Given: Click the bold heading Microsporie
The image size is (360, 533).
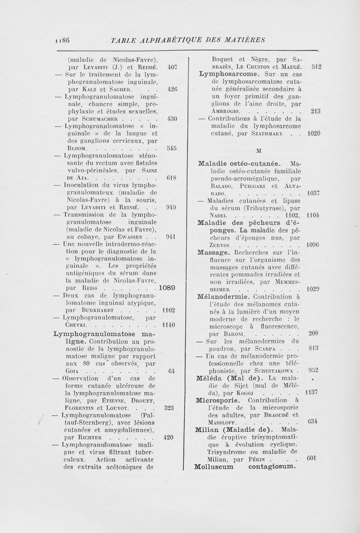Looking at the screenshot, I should click(222, 399).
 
